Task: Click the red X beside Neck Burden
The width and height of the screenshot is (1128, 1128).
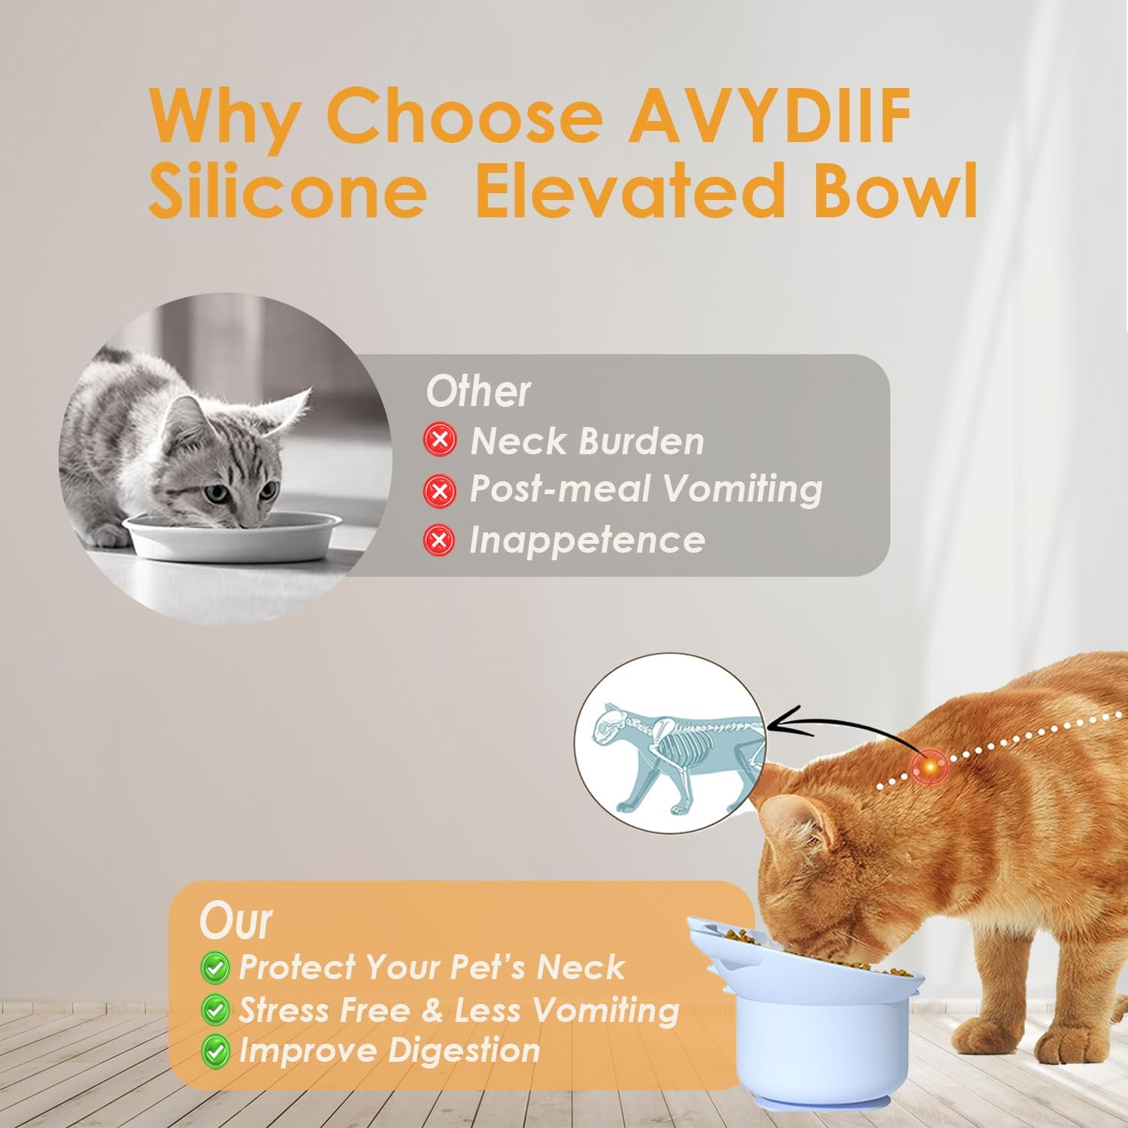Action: coord(440,439)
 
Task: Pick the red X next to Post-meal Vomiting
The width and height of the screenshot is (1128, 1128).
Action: coord(440,490)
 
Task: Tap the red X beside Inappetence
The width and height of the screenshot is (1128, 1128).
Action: coord(440,540)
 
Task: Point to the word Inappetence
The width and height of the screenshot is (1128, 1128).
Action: coord(587,540)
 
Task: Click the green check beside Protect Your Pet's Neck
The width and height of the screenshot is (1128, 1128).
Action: coord(216,968)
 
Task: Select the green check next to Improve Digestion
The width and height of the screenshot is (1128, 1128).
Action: coord(216,1051)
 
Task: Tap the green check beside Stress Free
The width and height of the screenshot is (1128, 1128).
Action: coord(216,1009)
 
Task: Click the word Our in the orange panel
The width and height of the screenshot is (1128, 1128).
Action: coord(235,920)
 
